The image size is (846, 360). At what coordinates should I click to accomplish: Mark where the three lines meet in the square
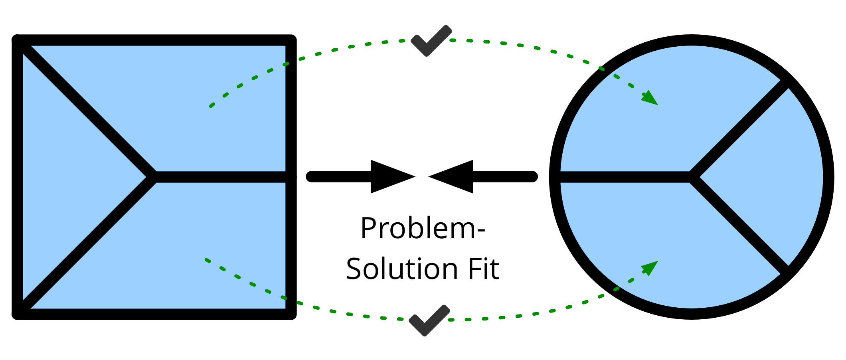pyautogui.click(x=152, y=177)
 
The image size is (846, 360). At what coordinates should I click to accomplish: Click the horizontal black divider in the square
pyautogui.click(x=219, y=177)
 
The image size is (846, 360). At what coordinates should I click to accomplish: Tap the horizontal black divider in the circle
pyautogui.click(x=623, y=177)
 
